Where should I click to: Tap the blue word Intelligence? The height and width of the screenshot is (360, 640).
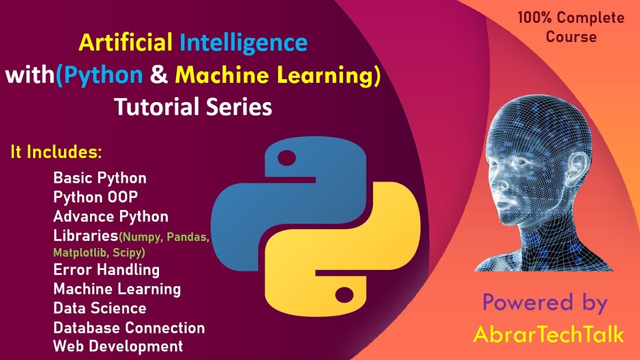point(243,43)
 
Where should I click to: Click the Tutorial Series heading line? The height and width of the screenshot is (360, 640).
point(193,106)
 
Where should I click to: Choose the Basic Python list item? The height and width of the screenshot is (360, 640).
point(100,178)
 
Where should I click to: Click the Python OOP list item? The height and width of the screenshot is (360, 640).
point(95,197)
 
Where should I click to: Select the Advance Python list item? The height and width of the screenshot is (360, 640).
point(111,216)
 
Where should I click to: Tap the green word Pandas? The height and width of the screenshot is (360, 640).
point(187,237)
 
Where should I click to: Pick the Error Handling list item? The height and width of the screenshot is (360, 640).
point(106,270)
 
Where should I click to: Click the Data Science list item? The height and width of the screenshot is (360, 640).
point(100,308)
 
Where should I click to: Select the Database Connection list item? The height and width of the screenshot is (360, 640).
point(129,328)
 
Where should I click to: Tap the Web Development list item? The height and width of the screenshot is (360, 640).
point(118,346)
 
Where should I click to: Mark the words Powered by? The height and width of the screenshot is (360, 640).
point(545,303)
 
